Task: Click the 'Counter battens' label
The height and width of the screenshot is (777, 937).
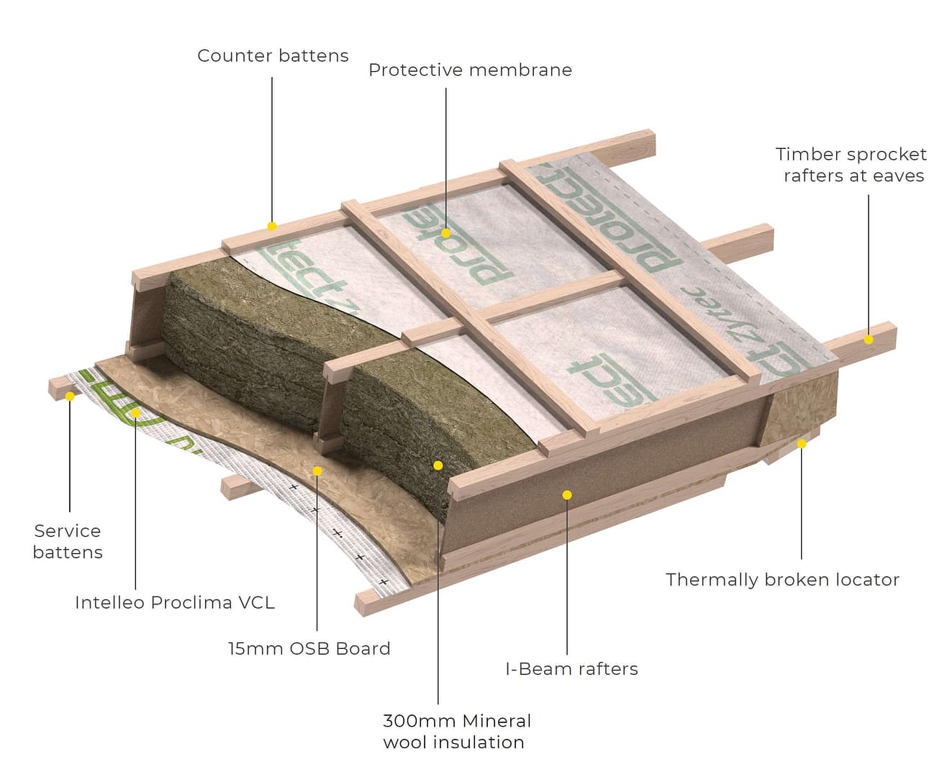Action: (273, 56)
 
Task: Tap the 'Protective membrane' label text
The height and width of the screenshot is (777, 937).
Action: (470, 71)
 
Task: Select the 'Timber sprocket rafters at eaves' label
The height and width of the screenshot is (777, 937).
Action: (851, 165)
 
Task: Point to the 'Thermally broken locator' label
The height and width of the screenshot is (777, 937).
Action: (782, 580)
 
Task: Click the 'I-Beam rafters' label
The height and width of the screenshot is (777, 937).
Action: (571, 669)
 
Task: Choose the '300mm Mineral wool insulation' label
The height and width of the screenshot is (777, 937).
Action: (456, 731)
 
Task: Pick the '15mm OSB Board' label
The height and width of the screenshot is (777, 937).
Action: (309, 649)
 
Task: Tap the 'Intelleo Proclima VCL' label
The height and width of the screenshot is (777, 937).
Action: (175, 603)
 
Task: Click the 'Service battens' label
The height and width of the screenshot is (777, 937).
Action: (68, 542)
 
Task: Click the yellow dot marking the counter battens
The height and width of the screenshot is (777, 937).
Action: (272, 226)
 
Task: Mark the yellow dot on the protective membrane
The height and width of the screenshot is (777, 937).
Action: (446, 233)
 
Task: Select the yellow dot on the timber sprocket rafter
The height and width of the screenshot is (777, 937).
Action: (869, 339)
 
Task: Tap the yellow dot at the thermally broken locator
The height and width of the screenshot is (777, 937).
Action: (802, 443)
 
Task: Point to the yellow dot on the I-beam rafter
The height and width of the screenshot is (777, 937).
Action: (567, 495)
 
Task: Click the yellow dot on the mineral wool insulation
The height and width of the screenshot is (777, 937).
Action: (438, 465)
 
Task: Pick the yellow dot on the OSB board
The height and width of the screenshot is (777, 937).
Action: (317, 471)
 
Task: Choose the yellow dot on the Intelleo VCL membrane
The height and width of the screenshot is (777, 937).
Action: (136, 412)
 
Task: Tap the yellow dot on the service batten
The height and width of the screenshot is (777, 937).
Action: (70, 396)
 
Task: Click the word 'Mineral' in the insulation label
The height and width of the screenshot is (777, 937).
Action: (497, 721)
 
